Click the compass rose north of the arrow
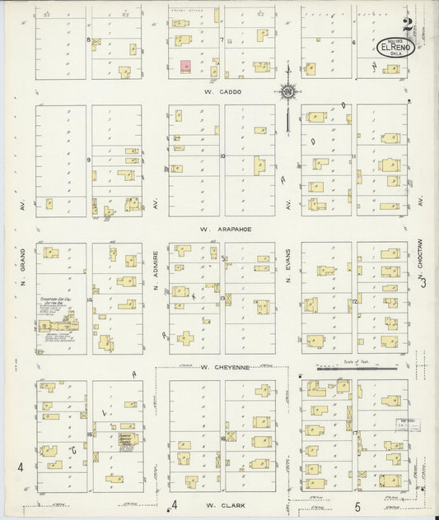click(288, 92)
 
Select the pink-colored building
click(186, 66)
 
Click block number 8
click(88, 39)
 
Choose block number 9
click(88, 160)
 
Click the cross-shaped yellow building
click(186, 338)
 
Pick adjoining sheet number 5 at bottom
click(357, 507)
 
